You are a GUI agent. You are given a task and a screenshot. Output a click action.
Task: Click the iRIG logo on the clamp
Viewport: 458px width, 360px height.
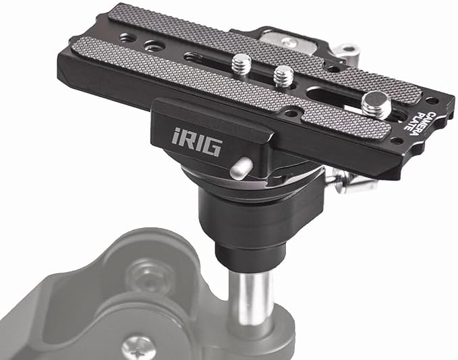(196, 142)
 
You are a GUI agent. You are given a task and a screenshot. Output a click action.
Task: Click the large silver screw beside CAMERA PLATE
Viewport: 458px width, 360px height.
(376, 104)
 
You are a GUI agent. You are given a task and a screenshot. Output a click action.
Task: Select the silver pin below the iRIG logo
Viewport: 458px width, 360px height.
(241, 168)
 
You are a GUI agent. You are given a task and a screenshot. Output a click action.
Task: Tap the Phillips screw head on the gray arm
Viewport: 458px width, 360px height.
(138, 349)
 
